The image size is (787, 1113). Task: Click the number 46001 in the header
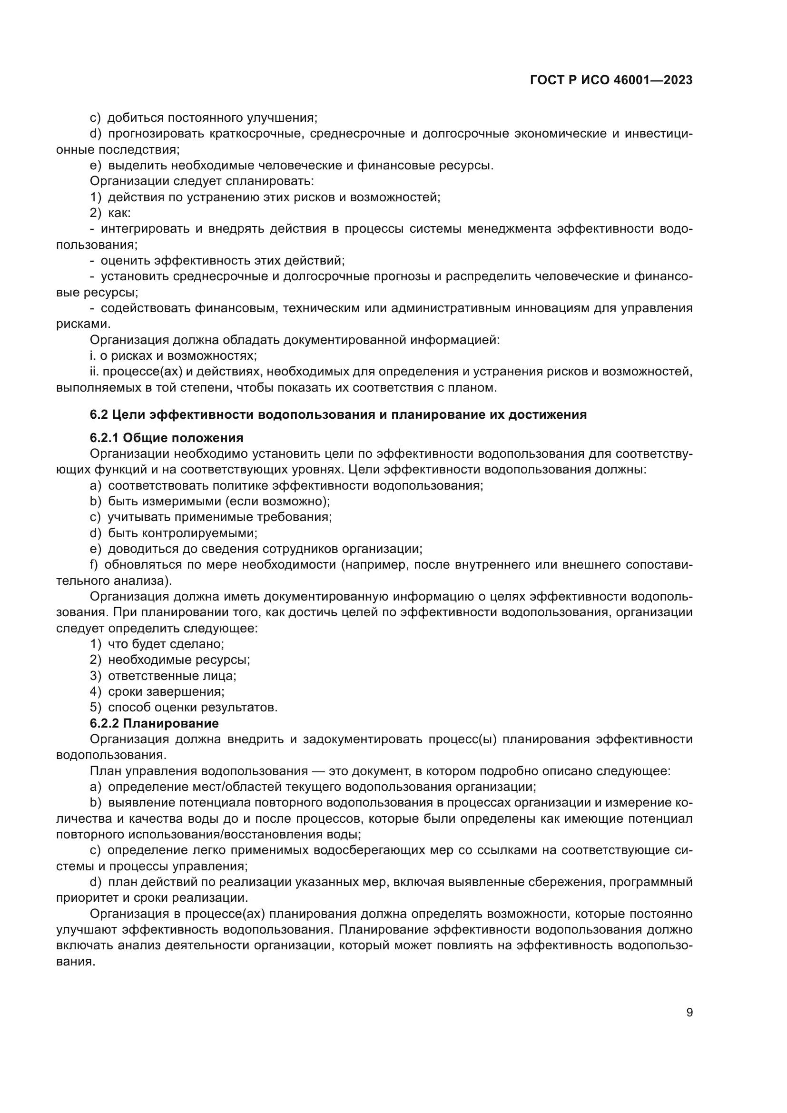[x=630, y=80]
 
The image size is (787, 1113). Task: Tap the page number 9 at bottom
[x=689, y=1013]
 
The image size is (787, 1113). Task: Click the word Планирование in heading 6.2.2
[x=171, y=724]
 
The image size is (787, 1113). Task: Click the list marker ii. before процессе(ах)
[x=95, y=372]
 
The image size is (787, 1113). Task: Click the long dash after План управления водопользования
[x=318, y=771]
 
